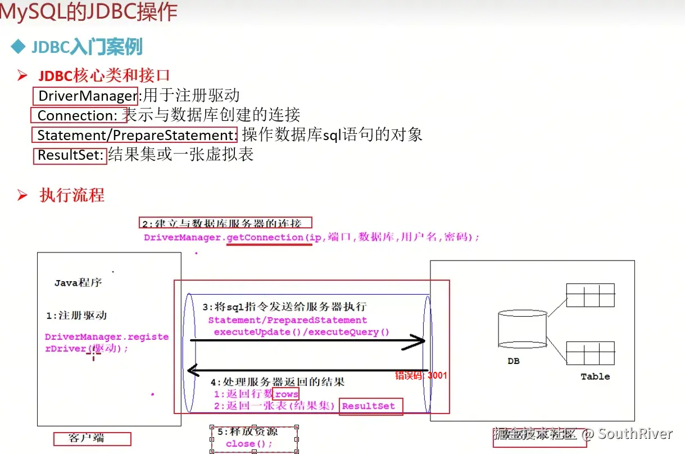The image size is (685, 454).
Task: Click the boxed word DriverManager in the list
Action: point(87,96)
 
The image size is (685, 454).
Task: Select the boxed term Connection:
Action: point(76,115)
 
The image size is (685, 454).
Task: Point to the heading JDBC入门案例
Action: point(87,47)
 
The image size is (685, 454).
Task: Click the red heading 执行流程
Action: point(72,195)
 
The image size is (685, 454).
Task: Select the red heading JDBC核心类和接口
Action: point(104,75)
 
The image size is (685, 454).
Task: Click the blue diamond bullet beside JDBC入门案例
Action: point(19,46)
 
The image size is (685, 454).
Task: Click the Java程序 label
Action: point(78,282)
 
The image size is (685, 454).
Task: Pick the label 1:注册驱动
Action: point(76,316)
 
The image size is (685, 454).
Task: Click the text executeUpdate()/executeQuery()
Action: point(301,332)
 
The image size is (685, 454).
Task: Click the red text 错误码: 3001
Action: point(421,375)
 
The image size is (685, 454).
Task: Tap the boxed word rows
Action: point(286,394)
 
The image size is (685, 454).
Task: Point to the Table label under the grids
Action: point(595,376)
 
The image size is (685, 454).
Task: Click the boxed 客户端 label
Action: point(92,438)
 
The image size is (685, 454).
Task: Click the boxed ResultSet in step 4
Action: point(369,406)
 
